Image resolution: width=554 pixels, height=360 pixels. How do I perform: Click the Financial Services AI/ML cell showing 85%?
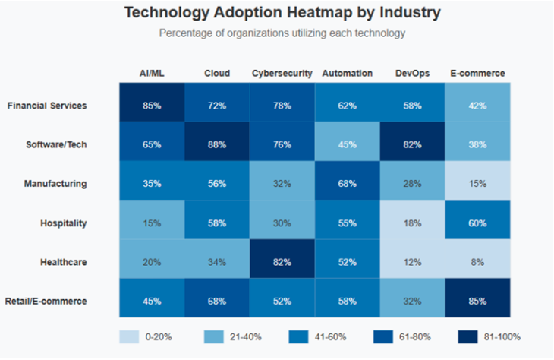(x=152, y=105)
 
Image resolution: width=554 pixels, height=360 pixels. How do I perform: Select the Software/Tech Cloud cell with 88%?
(x=217, y=144)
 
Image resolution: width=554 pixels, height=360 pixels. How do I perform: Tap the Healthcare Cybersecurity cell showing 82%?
(x=282, y=261)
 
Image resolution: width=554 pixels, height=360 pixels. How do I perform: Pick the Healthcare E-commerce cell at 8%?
(x=477, y=261)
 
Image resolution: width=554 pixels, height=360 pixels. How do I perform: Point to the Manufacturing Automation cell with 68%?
(x=347, y=183)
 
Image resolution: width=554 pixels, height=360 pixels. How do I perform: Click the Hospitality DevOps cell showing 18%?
(x=412, y=223)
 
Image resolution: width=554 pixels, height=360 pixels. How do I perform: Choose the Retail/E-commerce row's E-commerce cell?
(x=477, y=300)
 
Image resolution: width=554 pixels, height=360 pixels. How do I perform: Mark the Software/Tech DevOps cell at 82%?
(x=412, y=144)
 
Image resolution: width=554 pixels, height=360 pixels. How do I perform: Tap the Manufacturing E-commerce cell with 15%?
(x=477, y=183)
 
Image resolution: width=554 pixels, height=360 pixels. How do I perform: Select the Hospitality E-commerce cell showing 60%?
(x=477, y=223)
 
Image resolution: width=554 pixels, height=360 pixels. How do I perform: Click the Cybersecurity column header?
(x=282, y=74)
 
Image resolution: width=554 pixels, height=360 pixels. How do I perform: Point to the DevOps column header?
(x=412, y=74)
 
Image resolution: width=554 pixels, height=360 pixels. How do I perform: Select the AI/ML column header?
(x=152, y=74)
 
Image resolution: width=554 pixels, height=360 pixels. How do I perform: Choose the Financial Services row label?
(x=47, y=106)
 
